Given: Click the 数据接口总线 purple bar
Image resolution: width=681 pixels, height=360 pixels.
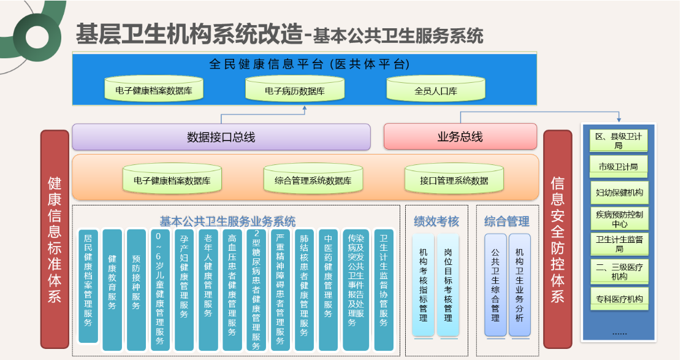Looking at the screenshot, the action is (x=221, y=137).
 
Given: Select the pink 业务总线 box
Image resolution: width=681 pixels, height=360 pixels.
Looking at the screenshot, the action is (x=460, y=137).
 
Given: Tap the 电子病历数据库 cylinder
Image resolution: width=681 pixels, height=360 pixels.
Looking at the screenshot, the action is (x=295, y=89).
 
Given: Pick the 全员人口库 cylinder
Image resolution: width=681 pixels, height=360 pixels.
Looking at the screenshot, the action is (x=436, y=89).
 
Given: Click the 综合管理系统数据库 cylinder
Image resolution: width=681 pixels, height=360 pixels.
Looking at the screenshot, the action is (x=313, y=178).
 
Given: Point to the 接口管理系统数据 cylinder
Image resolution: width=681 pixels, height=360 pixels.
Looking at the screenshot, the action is (x=454, y=178).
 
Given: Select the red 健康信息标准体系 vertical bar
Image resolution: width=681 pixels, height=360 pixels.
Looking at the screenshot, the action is (x=55, y=239).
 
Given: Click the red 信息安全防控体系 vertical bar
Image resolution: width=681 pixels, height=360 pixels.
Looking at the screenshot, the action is (x=558, y=239).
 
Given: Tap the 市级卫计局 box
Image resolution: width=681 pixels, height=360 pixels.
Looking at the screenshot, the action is (x=618, y=167).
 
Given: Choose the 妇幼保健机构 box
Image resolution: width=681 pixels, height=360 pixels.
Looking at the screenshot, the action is (x=619, y=193).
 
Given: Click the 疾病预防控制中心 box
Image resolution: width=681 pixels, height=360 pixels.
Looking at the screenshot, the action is (x=619, y=219).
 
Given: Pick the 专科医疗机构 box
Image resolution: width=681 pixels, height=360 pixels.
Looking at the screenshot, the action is (x=619, y=299).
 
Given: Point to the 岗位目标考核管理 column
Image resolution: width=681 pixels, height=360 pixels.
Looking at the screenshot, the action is (x=448, y=285).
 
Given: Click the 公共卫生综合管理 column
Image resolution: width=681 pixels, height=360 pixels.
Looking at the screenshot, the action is (x=495, y=285).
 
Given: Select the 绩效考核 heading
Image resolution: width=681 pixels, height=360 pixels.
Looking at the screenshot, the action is (x=436, y=221).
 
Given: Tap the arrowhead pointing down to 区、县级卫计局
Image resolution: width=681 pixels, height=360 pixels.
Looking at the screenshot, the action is (x=619, y=120).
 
